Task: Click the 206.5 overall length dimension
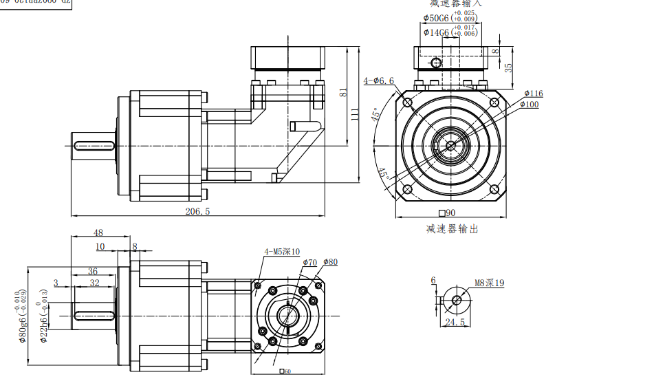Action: (197, 212)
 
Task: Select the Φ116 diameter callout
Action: (533, 94)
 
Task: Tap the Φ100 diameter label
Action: (529, 105)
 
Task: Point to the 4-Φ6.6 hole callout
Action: (379, 81)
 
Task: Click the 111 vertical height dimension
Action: (356, 114)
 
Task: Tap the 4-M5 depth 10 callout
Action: (282, 252)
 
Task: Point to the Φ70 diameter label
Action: (309, 262)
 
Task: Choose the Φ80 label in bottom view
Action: (330, 262)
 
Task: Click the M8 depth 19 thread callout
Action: (490, 283)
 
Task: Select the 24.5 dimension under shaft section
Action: (455, 322)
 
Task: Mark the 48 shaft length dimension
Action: (98, 232)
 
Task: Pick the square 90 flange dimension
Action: (447, 213)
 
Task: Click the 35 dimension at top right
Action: (508, 67)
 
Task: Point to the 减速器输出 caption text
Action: (452, 229)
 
